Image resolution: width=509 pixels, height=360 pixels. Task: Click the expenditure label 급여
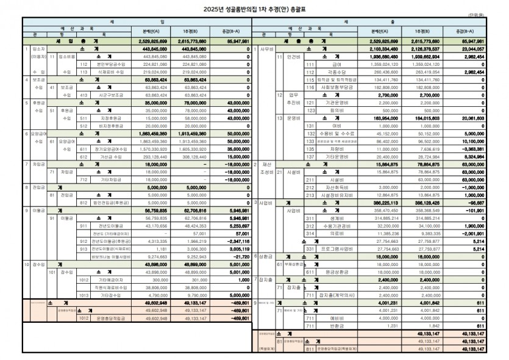(336, 63)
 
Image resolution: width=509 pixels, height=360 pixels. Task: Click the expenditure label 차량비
(336, 148)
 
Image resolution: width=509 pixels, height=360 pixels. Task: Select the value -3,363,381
(471, 148)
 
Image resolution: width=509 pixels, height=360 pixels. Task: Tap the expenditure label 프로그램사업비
(336, 249)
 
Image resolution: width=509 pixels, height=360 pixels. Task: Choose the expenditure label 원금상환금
(336, 272)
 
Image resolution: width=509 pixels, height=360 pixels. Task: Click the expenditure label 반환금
(336, 325)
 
